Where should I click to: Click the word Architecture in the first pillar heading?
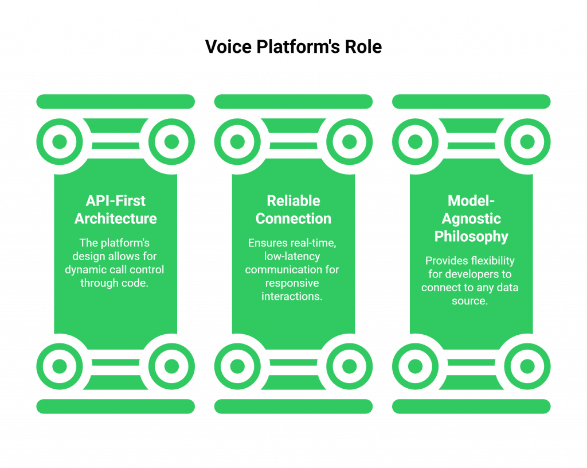click(115, 219)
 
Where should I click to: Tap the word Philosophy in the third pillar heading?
click(471, 237)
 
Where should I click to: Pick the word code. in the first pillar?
click(134, 283)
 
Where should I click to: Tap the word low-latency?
click(292, 256)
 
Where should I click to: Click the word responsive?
click(292, 283)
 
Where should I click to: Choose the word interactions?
click(292, 296)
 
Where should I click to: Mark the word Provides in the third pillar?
click(446, 261)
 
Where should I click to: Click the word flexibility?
click(492, 261)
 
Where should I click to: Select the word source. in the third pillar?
click(469, 300)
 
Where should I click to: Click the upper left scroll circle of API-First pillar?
click(59, 141)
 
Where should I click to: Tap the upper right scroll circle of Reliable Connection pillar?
click(349, 141)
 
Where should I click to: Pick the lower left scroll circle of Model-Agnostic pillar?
click(415, 366)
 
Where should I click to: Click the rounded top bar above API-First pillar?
click(115, 102)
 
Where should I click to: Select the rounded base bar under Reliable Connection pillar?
click(293, 407)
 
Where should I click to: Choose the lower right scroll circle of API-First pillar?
click(171, 366)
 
